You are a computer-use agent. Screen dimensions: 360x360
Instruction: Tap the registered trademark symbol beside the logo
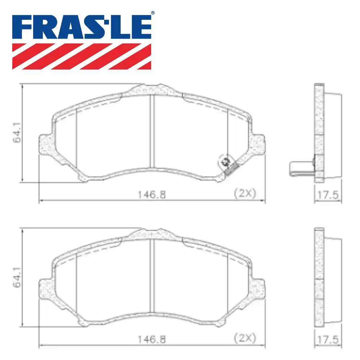(x=153, y=13)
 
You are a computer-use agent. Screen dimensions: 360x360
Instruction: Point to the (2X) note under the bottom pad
(x=245, y=338)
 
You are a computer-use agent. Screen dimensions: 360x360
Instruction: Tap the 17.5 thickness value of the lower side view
(x=328, y=339)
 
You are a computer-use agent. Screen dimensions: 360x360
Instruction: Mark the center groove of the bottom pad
(x=152, y=275)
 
